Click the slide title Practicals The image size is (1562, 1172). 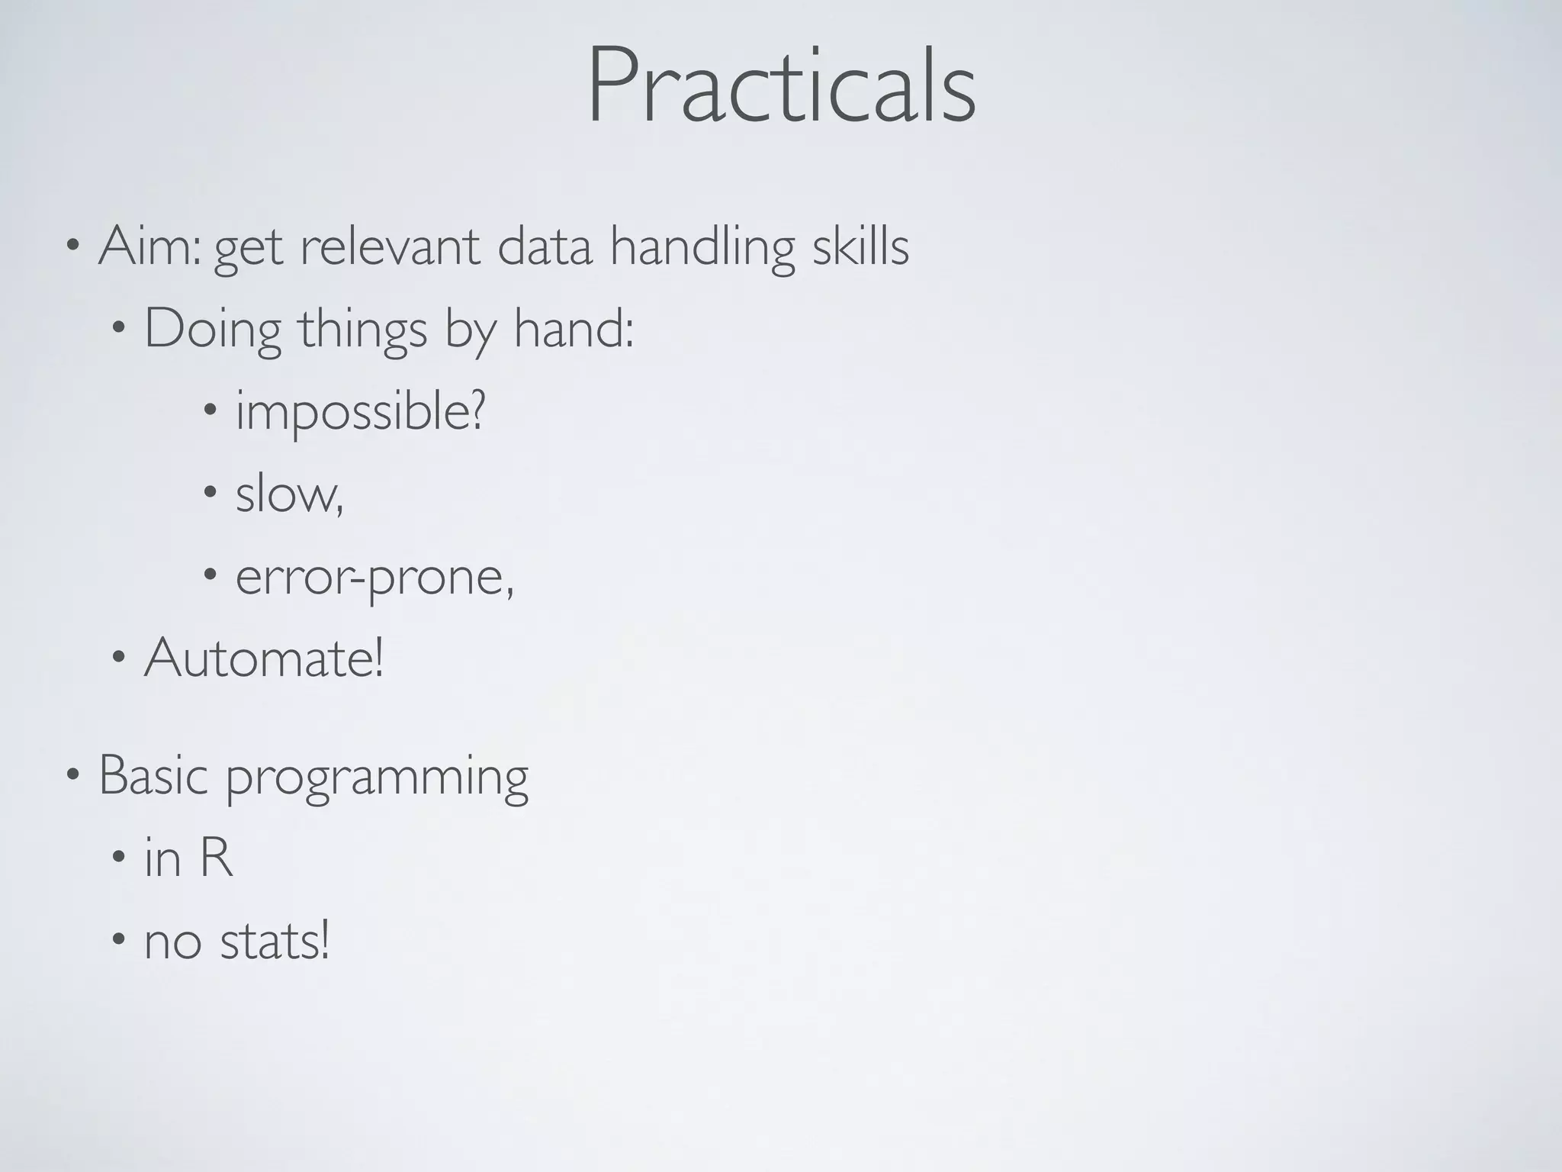[x=781, y=85]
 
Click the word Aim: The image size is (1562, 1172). [x=149, y=246]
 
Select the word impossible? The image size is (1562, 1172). [x=360, y=412]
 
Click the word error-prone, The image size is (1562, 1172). [x=374, y=577]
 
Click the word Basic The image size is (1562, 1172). [x=153, y=775]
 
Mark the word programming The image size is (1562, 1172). [x=377, y=778]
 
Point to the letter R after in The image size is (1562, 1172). [x=216, y=858]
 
